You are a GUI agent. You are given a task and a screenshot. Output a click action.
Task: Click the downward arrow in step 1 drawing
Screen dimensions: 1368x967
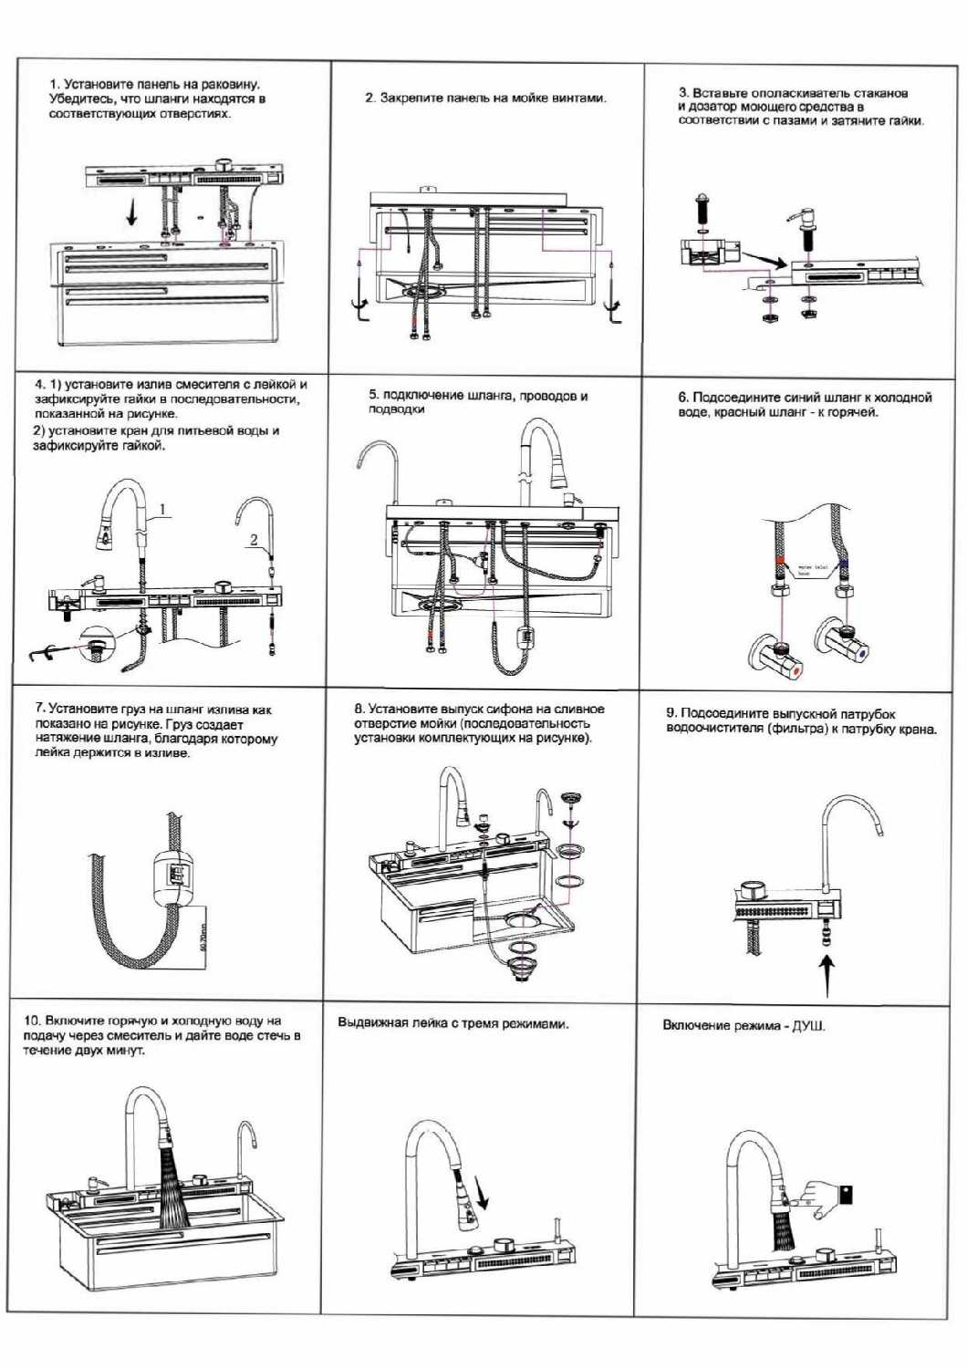coord(132,212)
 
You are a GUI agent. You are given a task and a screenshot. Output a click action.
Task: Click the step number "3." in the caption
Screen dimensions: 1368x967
coord(684,93)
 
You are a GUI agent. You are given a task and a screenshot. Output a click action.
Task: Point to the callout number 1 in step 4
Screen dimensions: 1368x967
coord(162,510)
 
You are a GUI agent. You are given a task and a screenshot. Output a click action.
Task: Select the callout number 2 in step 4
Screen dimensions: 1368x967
coord(255,540)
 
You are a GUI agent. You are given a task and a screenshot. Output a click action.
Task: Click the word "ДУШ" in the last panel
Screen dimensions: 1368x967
coord(808,1026)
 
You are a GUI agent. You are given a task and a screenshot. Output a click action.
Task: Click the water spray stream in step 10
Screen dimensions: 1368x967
coord(173,1186)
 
